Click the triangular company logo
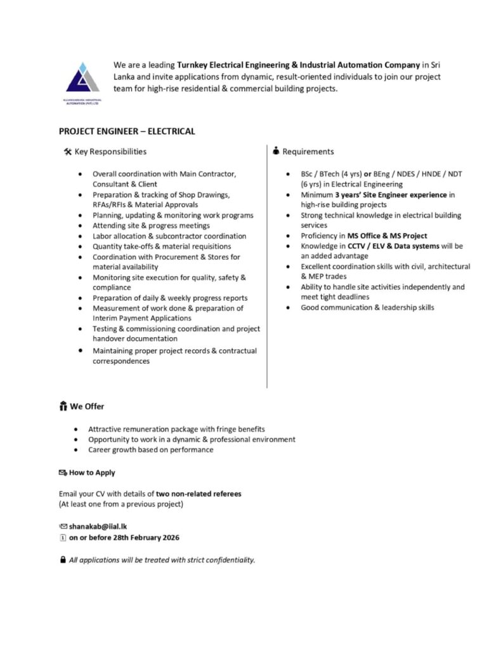pyautogui.click(x=82, y=79)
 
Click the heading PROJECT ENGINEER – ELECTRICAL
pyautogui.click(x=127, y=131)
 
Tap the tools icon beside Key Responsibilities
pyautogui.click(x=68, y=152)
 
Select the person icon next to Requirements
pyautogui.click(x=276, y=152)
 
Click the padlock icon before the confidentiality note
pyautogui.click(x=62, y=560)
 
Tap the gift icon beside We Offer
pyautogui.click(x=62, y=406)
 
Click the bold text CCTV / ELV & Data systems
pyautogui.click(x=386, y=246)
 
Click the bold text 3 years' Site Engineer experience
pyautogui.click(x=391, y=195)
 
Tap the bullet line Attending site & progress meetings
pyautogui.click(x=151, y=225)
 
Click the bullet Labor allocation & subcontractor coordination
pyautogui.click(x=169, y=235)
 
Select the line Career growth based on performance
pyautogui.click(x=150, y=449)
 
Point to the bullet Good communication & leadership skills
pyautogui.click(x=367, y=307)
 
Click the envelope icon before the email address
pyautogui.click(x=63, y=526)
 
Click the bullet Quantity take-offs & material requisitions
pyautogui.click(x=166, y=246)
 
